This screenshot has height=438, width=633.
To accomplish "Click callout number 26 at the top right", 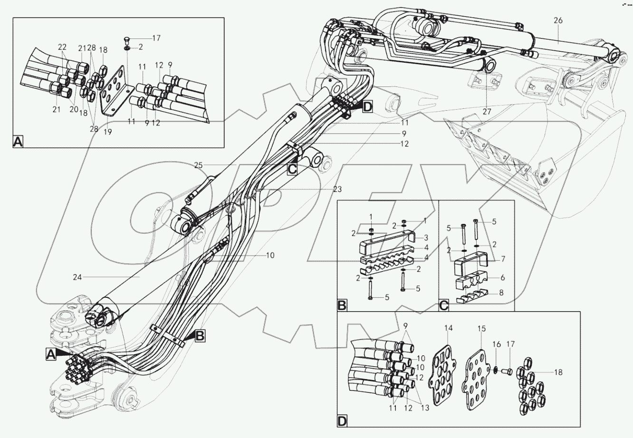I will pyautogui.click(x=558, y=20).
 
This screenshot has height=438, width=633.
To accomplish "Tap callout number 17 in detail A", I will pyautogui.click(x=157, y=38).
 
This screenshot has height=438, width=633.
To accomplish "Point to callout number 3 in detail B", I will pyautogui.click(x=426, y=237).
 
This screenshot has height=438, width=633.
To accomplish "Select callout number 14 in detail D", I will pyautogui.click(x=448, y=328).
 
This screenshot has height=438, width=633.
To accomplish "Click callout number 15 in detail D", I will pyautogui.click(x=482, y=328).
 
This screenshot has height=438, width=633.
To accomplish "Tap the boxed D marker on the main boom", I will pyautogui.click(x=368, y=107).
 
